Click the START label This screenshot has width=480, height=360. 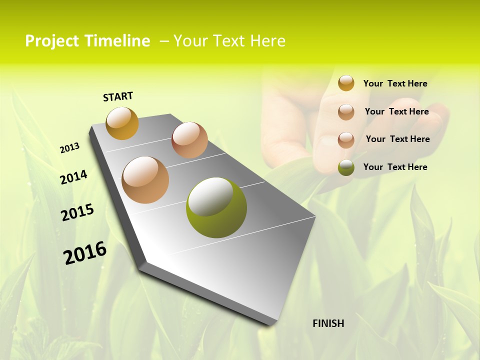point(118,96)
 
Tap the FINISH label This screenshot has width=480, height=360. point(328,323)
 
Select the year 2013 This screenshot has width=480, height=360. point(69,148)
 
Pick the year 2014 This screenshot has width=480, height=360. point(73,177)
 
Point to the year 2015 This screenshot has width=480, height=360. point(77,212)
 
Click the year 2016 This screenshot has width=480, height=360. point(85,253)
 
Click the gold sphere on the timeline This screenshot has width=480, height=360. point(122,123)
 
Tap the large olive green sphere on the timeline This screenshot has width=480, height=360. point(216,207)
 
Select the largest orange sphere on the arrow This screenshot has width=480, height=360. point(145,180)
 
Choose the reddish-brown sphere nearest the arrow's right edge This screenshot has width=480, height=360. point(189,140)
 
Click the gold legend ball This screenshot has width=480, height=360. point(346,83)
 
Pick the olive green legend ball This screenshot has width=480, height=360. point(346,167)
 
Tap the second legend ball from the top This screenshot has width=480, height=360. point(346,112)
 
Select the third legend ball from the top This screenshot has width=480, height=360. point(346,140)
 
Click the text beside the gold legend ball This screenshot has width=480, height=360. point(395,83)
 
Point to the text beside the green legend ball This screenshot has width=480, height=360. point(395,167)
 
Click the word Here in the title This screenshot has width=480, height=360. point(267,41)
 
